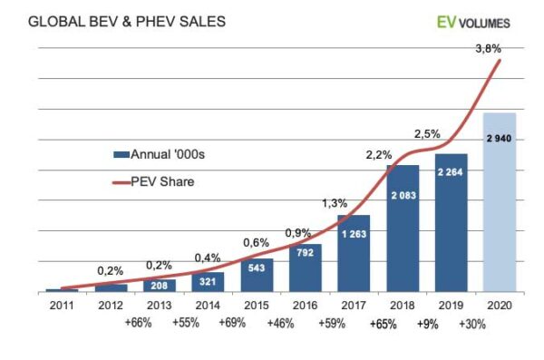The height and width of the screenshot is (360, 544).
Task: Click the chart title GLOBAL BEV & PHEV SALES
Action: [x=114, y=20]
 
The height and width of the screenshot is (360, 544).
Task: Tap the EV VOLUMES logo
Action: [x=472, y=22]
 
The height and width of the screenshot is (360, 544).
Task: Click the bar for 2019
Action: [x=451, y=223]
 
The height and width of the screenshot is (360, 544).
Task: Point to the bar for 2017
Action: [x=354, y=254]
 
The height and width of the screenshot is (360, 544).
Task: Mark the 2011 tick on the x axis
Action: [x=62, y=305]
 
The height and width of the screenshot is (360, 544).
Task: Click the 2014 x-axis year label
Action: [x=208, y=305]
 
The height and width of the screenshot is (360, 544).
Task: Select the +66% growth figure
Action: [x=136, y=324]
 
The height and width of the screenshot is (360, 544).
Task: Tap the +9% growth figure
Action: [x=427, y=324]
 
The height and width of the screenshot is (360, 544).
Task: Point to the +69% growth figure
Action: [x=233, y=324]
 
